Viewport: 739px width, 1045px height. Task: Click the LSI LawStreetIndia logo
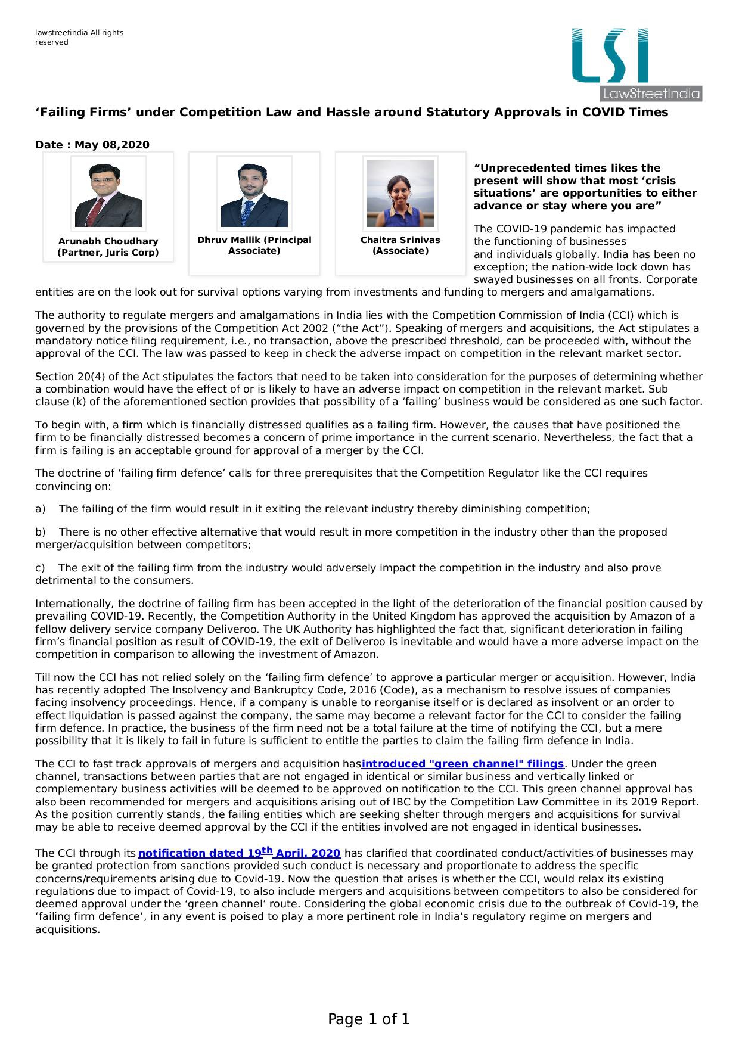pyautogui.click(x=636, y=64)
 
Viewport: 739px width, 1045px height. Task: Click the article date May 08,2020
pyautogui.click(x=92, y=145)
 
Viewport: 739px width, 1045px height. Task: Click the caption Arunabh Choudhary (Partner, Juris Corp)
pyautogui.click(x=108, y=247)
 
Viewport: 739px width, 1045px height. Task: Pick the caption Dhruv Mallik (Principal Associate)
pyautogui.click(x=254, y=245)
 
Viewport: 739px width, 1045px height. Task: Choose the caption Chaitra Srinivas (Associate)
pyautogui.click(x=400, y=245)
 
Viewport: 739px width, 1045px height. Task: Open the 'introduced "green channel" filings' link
pyautogui.click(x=462, y=764)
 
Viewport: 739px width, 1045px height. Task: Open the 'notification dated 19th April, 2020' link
pyautogui.click(x=239, y=853)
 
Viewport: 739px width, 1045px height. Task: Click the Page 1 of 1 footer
pyautogui.click(x=369, y=1019)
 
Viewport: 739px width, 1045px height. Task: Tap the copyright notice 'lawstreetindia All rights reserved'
pyautogui.click(x=79, y=37)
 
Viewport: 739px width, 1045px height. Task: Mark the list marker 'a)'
pyautogui.click(x=41, y=509)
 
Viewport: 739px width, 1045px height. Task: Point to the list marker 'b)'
pyautogui.click(x=41, y=532)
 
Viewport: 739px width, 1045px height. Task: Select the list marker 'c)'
pyautogui.click(x=40, y=568)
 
